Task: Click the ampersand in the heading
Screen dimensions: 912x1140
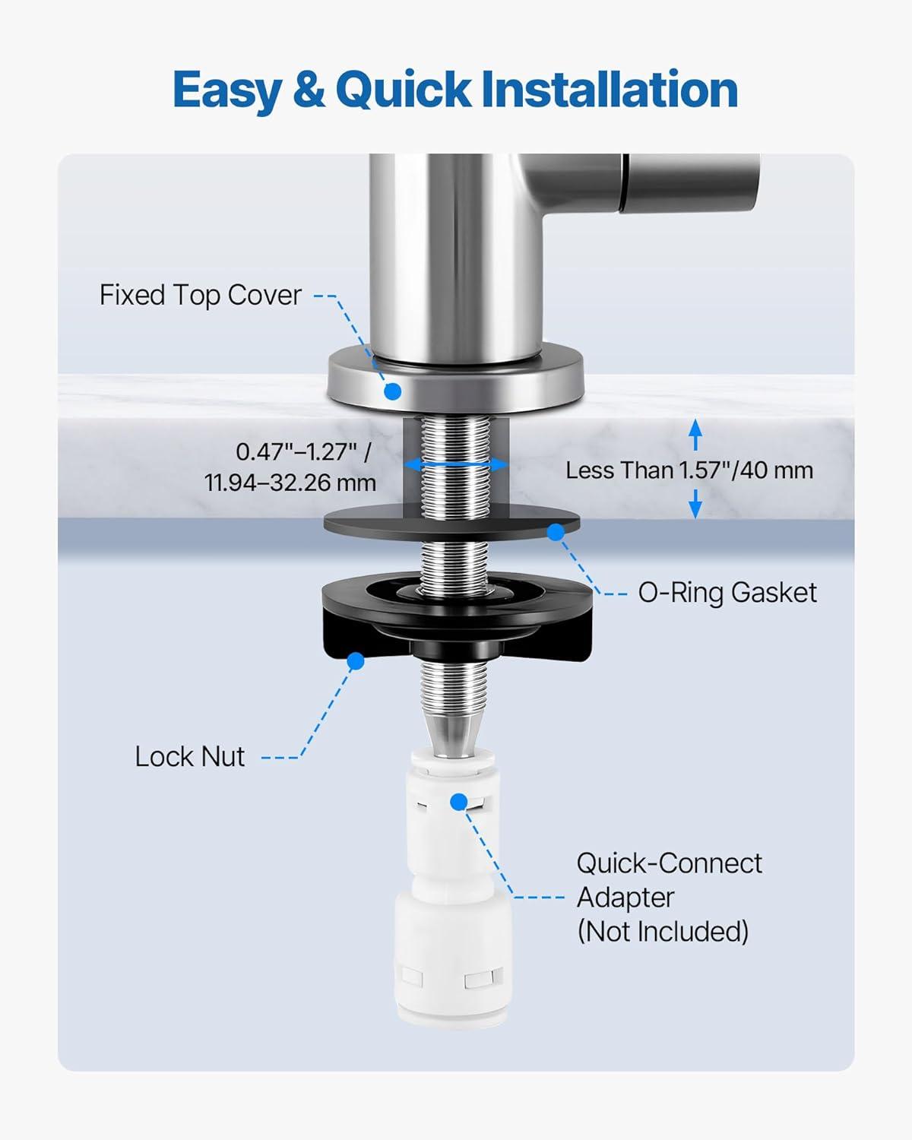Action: pyautogui.click(x=309, y=89)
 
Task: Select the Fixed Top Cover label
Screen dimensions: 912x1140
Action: pyautogui.click(x=201, y=296)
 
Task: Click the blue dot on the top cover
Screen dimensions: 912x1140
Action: pyautogui.click(x=392, y=392)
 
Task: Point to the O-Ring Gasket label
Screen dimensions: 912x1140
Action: pyautogui.click(x=727, y=593)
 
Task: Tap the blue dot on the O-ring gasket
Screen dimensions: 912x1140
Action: pyautogui.click(x=556, y=533)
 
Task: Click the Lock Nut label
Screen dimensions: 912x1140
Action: pyautogui.click(x=190, y=756)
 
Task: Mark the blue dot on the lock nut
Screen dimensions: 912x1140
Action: pyautogui.click(x=356, y=661)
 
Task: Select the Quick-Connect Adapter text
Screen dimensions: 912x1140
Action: pyautogui.click(x=670, y=880)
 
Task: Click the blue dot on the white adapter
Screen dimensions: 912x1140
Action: pyautogui.click(x=459, y=802)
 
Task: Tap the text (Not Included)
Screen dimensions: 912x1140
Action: pyautogui.click(x=663, y=931)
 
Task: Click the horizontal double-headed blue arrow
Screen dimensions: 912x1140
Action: pyautogui.click(x=456, y=464)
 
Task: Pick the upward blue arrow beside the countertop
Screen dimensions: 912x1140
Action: pyautogui.click(x=695, y=435)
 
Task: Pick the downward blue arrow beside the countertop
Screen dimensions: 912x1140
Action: pyautogui.click(x=695, y=502)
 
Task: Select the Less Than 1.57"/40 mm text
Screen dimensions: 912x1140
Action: pyautogui.click(x=689, y=470)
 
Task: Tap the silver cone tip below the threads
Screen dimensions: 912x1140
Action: pyautogui.click(x=454, y=733)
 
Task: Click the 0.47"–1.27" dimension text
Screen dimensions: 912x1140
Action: pyautogui.click(x=303, y=452)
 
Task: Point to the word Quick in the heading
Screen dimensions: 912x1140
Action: pyautogui.click(x=403, y=89)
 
